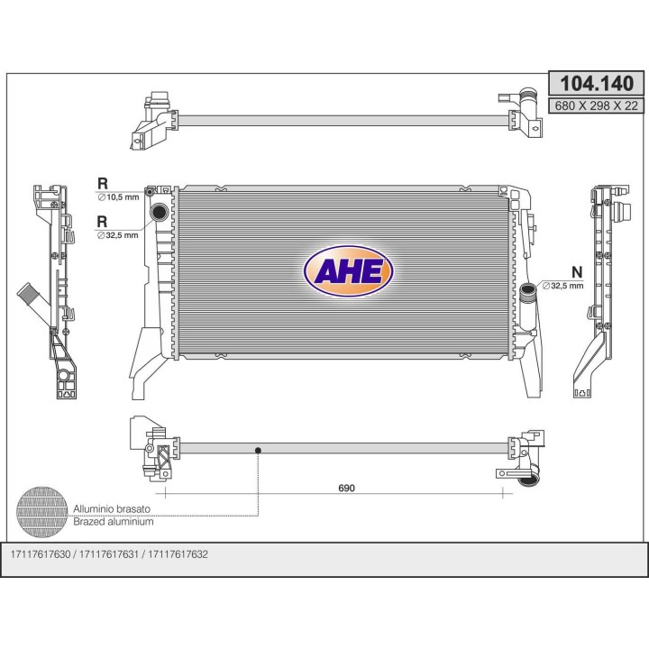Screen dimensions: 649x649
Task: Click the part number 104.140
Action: (x=596, y=84)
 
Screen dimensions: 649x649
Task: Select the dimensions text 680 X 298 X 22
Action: (x=596, y=106)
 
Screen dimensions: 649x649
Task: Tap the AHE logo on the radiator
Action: (x=348, y=270)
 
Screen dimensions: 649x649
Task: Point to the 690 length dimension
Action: (x=347, y=488)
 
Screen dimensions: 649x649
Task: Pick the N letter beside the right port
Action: (x=576, y=271)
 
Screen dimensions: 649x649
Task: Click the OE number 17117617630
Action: (x=45, y=553)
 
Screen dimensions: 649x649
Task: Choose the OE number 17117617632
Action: (x=178, y=553)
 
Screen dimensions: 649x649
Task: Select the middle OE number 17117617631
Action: (x=111, y=553)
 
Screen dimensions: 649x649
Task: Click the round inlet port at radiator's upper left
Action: (x=159, y=213)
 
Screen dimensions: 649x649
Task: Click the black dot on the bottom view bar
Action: (x=258, y=449)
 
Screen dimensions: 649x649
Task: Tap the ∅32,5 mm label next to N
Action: (x=563, y=285)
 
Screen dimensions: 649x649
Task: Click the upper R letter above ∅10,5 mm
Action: (x=103, y=183)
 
